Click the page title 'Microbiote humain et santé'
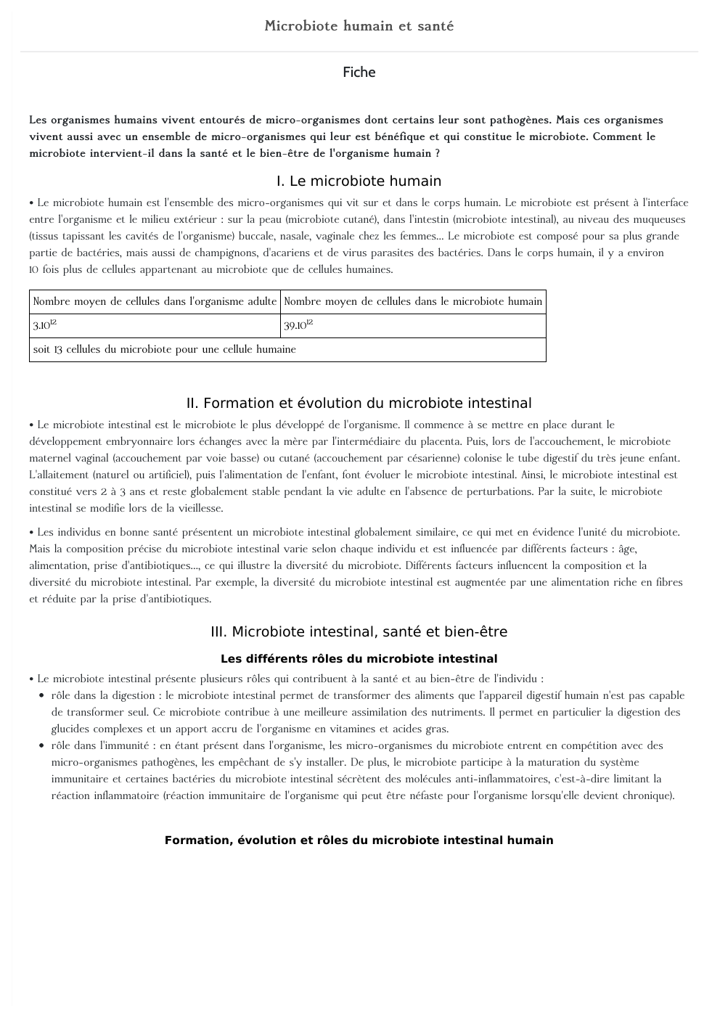click(x=359, y=26)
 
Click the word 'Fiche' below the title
click(x=359, y=72)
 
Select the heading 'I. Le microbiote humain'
click(x=359, y=181)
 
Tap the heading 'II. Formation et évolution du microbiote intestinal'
click(x=359, y=404)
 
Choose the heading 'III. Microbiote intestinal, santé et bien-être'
click(x=359, y=632)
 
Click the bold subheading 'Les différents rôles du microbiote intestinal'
click(x=359, y=659)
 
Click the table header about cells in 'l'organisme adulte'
click(x=155, y=302)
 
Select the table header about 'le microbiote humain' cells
click(x=413, y=302)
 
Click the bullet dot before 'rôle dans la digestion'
click(x=41, y=696)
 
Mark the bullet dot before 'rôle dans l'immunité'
click(x=41, y=746)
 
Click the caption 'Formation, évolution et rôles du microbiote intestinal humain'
click(x=359, y=840)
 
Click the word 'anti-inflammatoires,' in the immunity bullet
click(x=502, y=779)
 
